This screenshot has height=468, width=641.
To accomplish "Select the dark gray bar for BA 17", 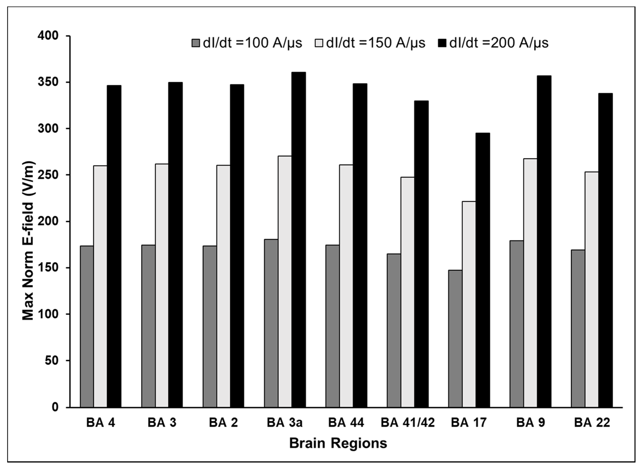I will (x=455, y=339).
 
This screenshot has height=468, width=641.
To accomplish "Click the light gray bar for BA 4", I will (x=100, y=286).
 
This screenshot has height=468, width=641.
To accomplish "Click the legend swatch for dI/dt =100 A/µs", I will (x=195, y=43).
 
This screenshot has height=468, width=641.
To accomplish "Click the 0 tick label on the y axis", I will (x=55, y=407).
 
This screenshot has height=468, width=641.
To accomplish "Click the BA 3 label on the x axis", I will (x=162, y=423).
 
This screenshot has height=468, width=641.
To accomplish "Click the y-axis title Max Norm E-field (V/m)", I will (x=28, y=241).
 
